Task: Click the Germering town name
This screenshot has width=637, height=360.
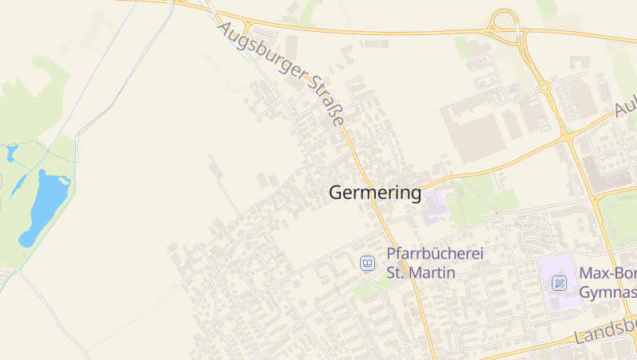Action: (374, 193)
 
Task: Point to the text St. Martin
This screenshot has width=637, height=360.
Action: (420, 272)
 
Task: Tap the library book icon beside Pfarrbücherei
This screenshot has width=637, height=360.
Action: (367, 263)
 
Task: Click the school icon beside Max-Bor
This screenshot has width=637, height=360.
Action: (559, 282)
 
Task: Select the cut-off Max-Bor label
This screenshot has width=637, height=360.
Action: (608, 273)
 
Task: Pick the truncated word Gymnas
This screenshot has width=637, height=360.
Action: (608, 292)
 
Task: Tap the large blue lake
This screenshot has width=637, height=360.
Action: (46, 205)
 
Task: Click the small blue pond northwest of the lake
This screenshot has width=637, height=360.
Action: (11, 152)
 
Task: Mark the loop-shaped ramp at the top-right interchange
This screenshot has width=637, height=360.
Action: (504, 21)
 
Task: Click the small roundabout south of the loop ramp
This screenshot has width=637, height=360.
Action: (545, 87)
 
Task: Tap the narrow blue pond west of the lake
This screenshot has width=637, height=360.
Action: (18, 186)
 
